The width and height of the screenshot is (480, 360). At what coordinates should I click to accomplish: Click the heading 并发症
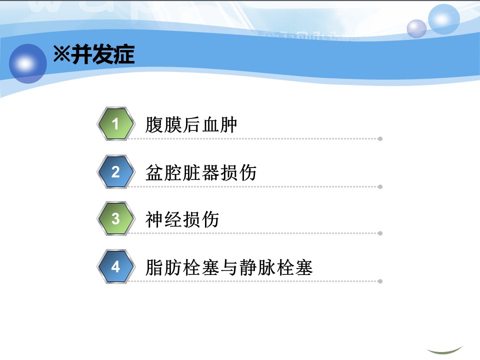(103, 54)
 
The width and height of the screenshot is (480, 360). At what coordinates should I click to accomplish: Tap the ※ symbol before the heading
(62, 54)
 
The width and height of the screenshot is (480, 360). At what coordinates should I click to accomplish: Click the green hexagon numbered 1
(115, 123)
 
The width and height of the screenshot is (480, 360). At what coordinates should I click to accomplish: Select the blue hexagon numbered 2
(115, 171)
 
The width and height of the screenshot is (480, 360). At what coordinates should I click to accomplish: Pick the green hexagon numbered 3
(115, 218)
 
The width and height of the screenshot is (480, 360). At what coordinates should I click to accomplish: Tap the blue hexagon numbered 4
(115, 266)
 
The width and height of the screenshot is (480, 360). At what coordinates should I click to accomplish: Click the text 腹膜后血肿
(191, 124)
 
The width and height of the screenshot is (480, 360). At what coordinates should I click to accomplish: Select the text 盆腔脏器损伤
(201, 172)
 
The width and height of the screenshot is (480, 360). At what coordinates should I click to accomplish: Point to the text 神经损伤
(182, 219)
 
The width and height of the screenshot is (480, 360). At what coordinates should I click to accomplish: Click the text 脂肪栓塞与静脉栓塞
(229, 267)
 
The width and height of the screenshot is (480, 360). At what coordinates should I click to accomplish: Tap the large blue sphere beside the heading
(28, 63)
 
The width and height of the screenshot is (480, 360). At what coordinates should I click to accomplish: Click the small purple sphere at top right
(416, 29)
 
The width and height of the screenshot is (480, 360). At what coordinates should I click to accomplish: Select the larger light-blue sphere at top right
(443, 19)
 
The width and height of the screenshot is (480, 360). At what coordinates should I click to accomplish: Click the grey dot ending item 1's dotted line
(380, 139)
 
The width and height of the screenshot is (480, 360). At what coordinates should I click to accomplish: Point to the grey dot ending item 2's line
(380, 186)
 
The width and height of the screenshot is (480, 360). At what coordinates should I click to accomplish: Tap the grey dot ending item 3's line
(380, 233)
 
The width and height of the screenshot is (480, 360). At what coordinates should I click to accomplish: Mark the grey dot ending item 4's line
(380, 281)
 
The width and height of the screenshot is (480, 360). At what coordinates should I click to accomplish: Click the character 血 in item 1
(209, 124)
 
